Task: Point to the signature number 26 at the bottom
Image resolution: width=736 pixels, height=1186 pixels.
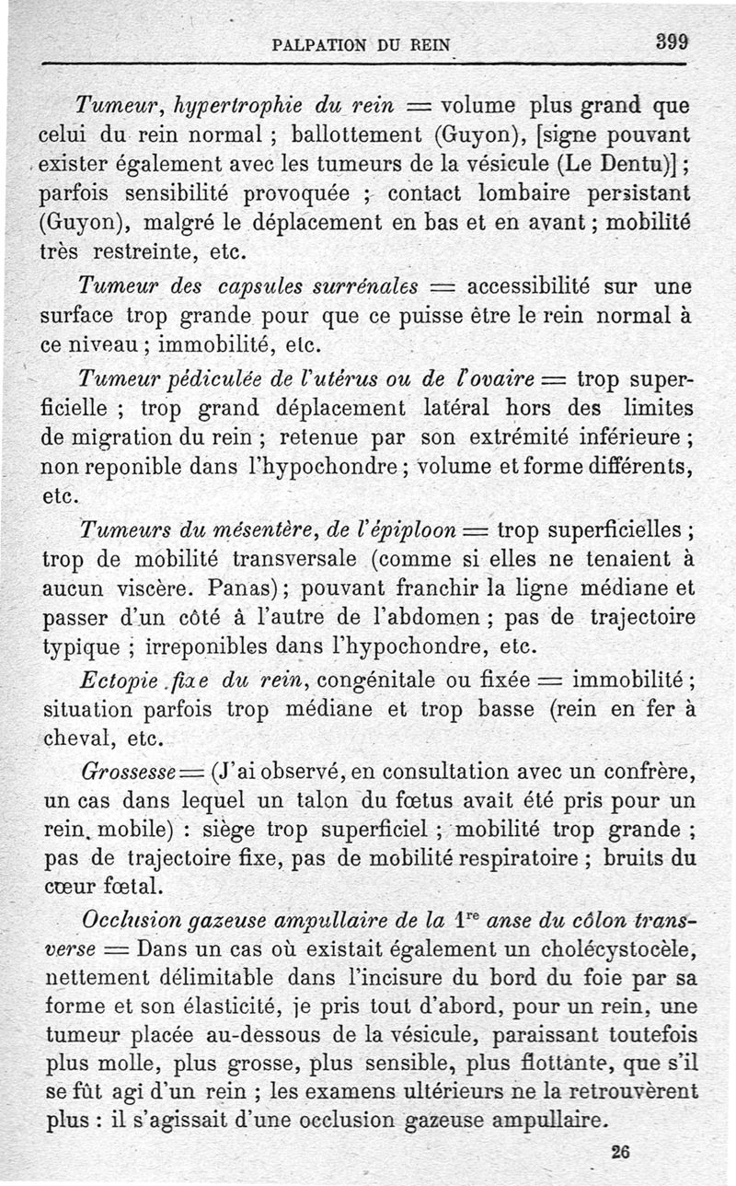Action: [x=622, y=1151]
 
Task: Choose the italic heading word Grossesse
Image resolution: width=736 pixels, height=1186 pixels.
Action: [x=125, y=769]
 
